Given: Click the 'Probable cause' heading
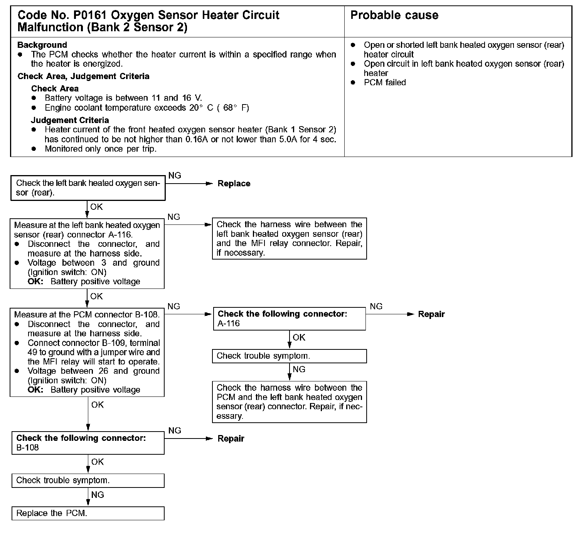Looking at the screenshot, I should [x=394, y=15].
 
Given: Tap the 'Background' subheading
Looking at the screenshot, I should [x=42, y=45].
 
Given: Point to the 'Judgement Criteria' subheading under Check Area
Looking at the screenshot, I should [x=70, y=120].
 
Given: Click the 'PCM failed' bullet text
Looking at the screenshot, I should [x=384, y=83].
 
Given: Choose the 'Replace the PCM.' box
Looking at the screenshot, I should [x=88, y=513].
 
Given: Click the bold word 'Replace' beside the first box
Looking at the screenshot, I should [x=234, y=184].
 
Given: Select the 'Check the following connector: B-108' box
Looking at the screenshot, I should [x=88, y=443].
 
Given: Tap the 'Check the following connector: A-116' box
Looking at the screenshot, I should [x=289, y=319].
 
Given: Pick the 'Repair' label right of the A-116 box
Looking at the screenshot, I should [x=431, y=314].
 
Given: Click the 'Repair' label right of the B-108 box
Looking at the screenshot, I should [x=231, y=439].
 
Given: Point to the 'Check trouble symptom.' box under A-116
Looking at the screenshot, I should [x=289, y=356].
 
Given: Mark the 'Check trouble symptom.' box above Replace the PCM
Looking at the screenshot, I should [x=88, y=481].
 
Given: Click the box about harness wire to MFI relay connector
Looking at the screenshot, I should [x=289, y=239].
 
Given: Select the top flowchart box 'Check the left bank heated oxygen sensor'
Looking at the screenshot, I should [x=88, y=188].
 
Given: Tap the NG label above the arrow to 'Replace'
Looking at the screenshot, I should [x=175, y=176].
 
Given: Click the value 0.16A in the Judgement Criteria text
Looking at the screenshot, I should [x=197, y=139].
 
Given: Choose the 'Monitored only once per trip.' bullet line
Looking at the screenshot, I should [x=101, y=149].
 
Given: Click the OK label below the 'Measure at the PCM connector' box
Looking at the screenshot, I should [x=98, y=405].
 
